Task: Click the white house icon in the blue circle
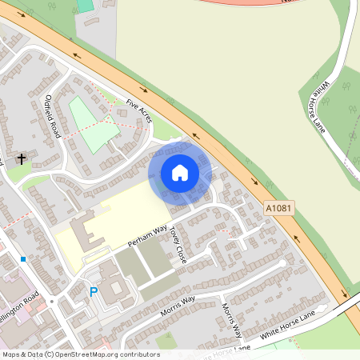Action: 180,172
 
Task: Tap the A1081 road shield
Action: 276,208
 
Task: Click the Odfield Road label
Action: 54,116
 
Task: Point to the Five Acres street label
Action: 138,112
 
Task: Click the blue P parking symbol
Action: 94,293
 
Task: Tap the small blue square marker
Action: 24,259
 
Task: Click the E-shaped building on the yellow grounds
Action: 86,234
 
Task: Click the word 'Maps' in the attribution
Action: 12,354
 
